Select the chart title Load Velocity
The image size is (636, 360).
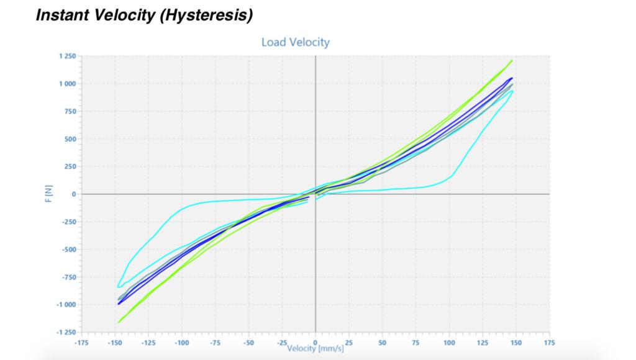click(x=295, y=42)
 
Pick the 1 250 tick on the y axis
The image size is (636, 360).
click(x=66, y=56)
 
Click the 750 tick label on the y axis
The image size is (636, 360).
click(x=70, y=112)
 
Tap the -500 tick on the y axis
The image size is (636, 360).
click(x=68, y=250)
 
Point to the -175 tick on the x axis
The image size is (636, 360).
click(x=82, y=343)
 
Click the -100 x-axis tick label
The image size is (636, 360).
click(x=181, y=343)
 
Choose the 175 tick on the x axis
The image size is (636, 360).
click(x=550, y=343)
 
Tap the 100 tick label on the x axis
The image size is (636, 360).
click(x=449, y=343)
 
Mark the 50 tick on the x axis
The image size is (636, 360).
click(x=382, y=343)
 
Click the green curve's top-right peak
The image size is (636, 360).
click(x=512, y=61)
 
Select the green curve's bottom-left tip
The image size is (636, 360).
click(x=117, y=322)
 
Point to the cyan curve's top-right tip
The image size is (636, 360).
click(x=513, y=91)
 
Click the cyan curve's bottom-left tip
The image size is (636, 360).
click(x=118, y=286)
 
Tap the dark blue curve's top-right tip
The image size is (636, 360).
click(x=512, y=78)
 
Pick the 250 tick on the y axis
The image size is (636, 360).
click(x=70, y=166)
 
